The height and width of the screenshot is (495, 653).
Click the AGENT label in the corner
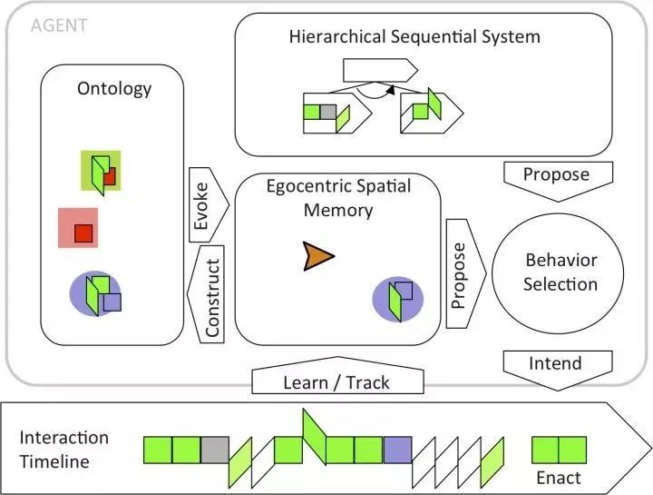(59, 25)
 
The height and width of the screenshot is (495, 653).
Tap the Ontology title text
(114, 89)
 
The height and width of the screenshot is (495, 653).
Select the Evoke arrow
(209, 204)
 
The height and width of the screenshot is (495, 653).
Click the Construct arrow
(206, 294)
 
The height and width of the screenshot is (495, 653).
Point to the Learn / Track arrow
(337, 376)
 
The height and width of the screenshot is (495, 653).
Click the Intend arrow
(558, 370)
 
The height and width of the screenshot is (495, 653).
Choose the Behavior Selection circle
(558, 273)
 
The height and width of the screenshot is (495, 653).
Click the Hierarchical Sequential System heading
(414, 36)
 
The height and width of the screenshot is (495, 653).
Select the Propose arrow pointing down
(558, 182)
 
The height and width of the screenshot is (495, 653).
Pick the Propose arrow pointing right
(466, 273)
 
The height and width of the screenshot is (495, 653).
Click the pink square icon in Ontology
(78, 228)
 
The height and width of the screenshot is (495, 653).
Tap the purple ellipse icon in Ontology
(95, 293)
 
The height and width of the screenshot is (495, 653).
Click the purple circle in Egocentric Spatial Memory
(398, 299)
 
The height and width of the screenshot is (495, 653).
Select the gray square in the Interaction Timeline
(215, 450)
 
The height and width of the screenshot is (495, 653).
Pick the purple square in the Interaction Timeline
(398, 450)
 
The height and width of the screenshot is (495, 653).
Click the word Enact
(559, 478)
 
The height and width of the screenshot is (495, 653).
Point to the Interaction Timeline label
(63, 450)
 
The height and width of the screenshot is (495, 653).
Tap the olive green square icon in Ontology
(101, 171)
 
